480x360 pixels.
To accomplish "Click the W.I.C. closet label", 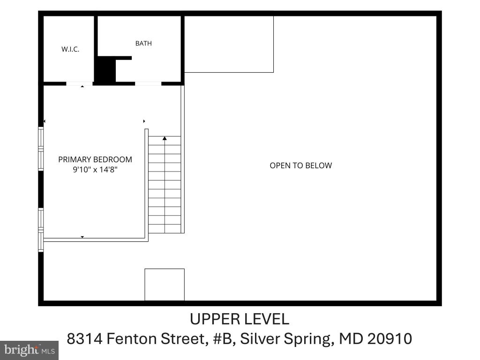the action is point(70,49).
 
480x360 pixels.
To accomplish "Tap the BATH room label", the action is point(143,44).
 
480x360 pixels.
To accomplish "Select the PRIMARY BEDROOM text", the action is point(95,159).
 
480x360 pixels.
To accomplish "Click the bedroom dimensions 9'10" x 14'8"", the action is point(95,170).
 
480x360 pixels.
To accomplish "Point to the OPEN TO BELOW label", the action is point(300,165).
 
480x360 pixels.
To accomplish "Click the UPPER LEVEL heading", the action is point(240,319).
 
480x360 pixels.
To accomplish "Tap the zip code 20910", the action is point(390,338).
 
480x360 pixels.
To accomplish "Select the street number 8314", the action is point(85,338).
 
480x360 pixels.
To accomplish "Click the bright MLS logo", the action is point(30,350).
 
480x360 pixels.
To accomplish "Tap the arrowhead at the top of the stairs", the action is point(165,138).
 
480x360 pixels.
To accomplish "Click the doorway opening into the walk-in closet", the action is point(79,83).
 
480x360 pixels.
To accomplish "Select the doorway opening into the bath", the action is point(148,83).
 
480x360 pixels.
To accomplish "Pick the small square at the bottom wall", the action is point(165,285).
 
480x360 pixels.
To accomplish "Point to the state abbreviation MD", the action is point(351,338).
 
